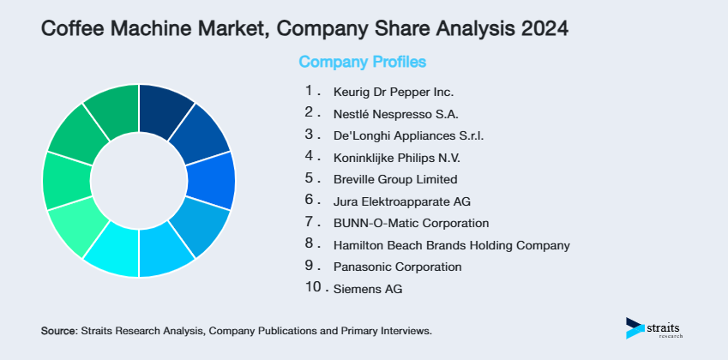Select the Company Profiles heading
pyautogui.click(x=362, y=62)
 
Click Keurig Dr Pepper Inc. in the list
pyautogui.click(x=394, y=92)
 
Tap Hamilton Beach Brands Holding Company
pyautogui.click(x=451, y=246)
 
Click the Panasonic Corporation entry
pyautogui.click(x=397, y=267)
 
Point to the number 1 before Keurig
pyautogui.click(x=310, y=90)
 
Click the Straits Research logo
pyautogui.click(x=657, y=328)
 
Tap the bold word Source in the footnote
pyautogui.click(x=58, y=330)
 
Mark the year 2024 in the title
pyautogui.click(x=537, y=28)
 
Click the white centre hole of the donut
pyautogui.click(x=138, y=180)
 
